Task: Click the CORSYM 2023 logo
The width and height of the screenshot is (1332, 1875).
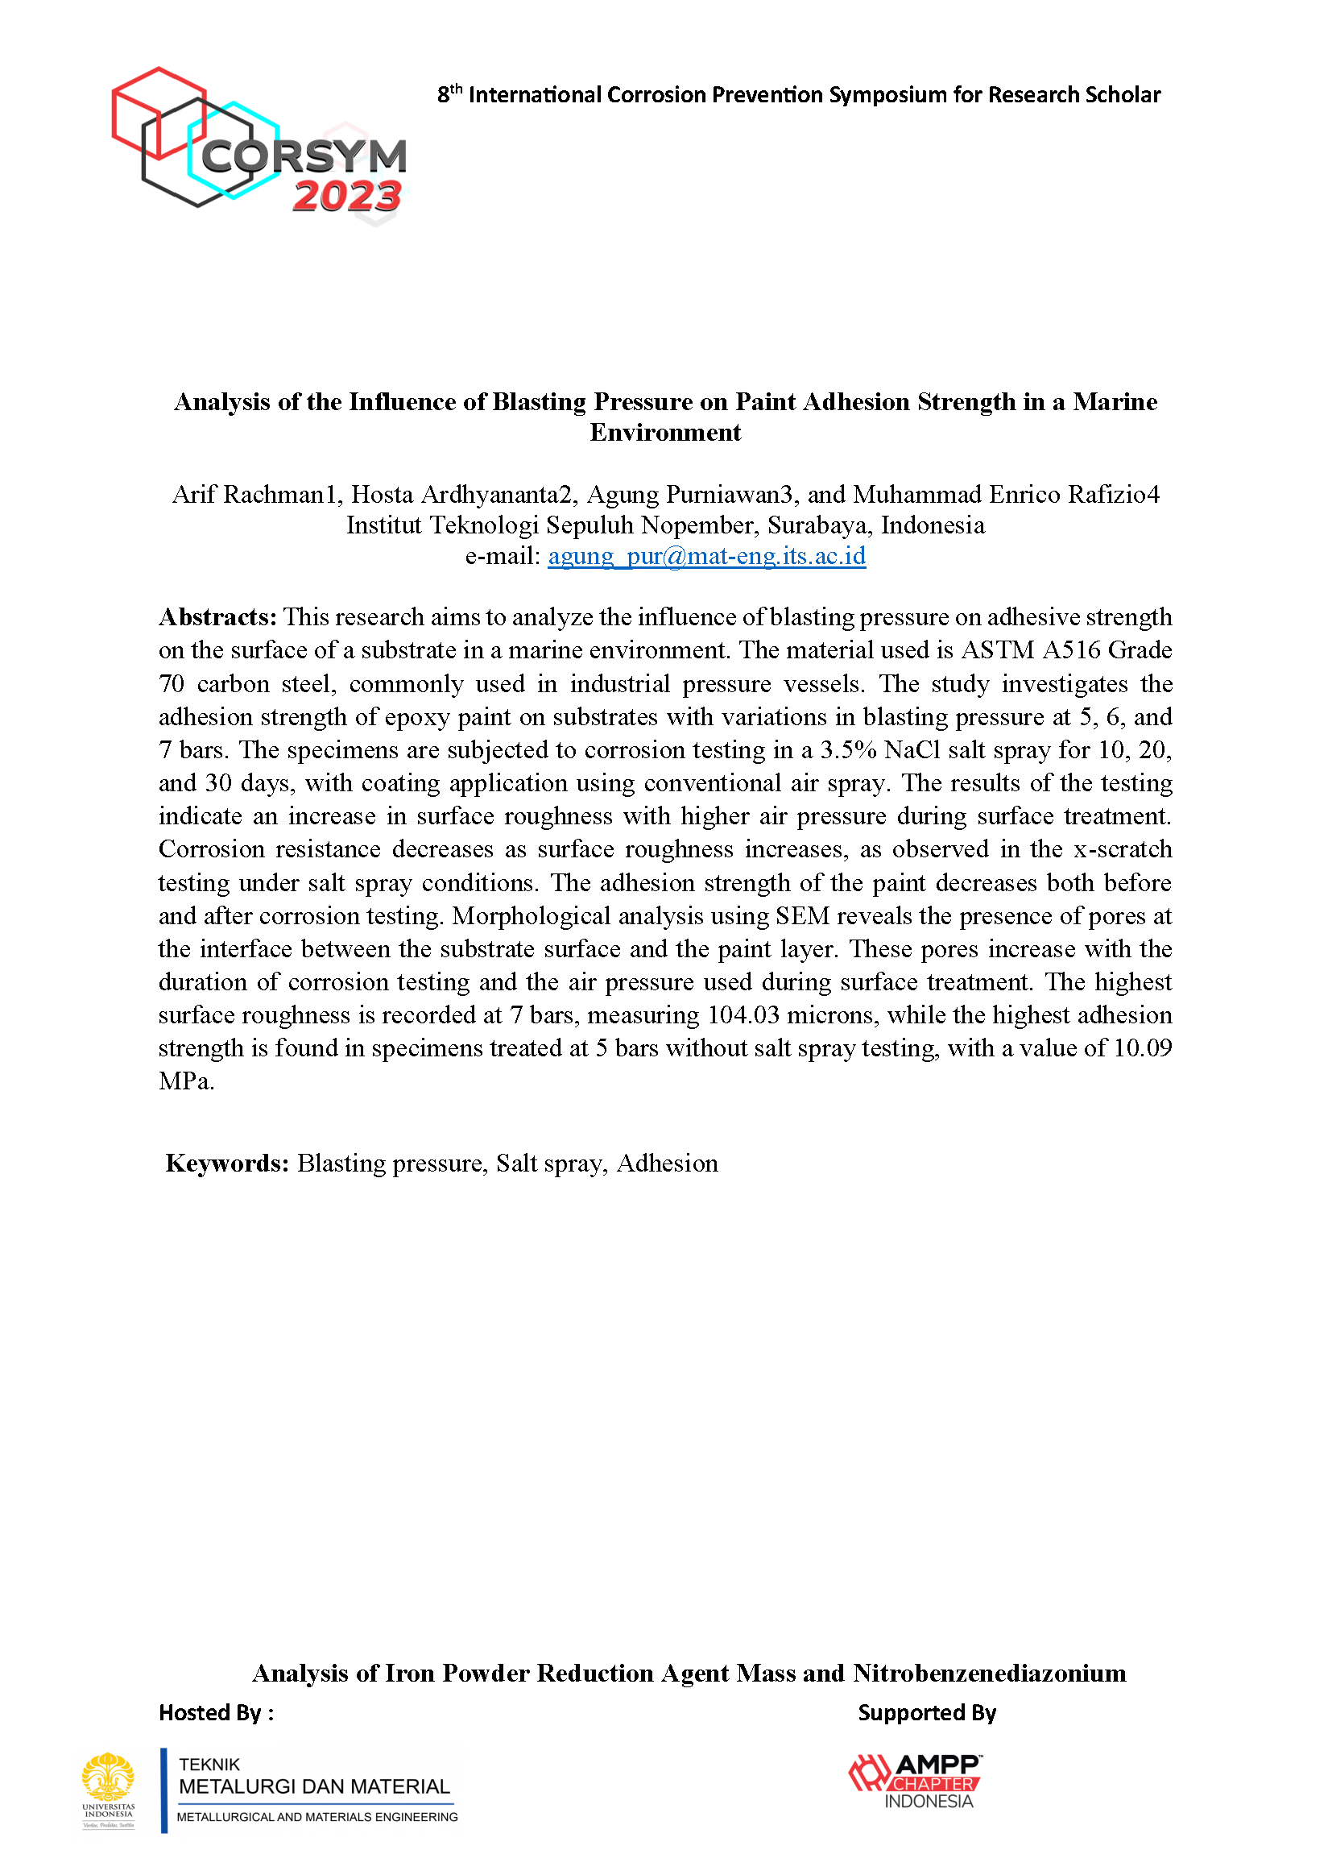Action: click(259, 143)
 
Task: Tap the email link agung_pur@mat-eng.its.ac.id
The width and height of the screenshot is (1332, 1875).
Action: click(706, 556)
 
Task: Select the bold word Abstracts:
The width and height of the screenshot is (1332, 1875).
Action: click(217, 617)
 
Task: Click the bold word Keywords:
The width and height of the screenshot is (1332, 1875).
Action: click(227, 1164)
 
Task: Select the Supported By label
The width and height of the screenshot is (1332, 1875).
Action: click(927, 1713)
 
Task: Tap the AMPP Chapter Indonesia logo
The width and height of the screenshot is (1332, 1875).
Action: click(916, 1781)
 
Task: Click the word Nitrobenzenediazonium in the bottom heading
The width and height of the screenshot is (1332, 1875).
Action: click(989, 1673)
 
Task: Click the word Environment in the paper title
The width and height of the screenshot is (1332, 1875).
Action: click(665, 433)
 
